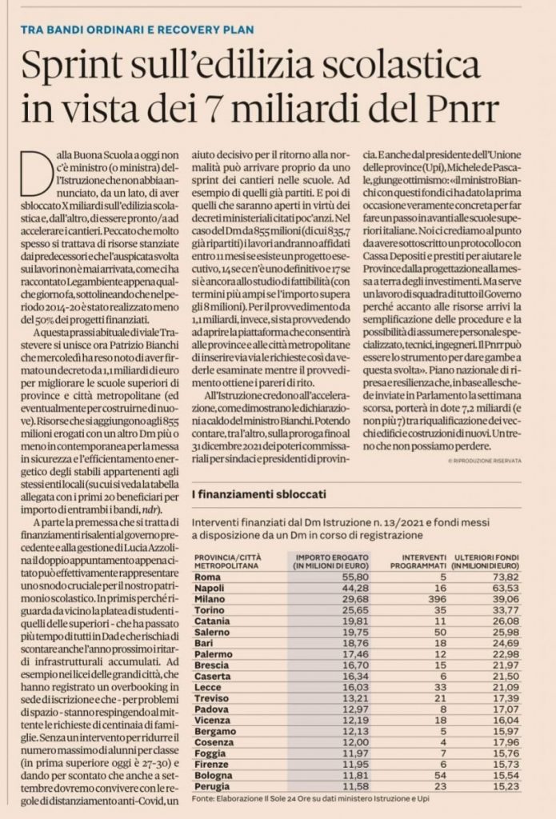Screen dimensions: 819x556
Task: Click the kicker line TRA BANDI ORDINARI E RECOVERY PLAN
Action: pos(137,30)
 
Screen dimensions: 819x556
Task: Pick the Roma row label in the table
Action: pos(207,576)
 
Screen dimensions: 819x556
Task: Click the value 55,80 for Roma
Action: pos(345,576)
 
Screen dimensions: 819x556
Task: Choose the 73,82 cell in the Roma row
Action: pos(504,576)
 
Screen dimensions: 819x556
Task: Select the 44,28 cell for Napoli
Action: pos(345,587)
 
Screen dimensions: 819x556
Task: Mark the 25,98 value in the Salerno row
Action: pos(504,632)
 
